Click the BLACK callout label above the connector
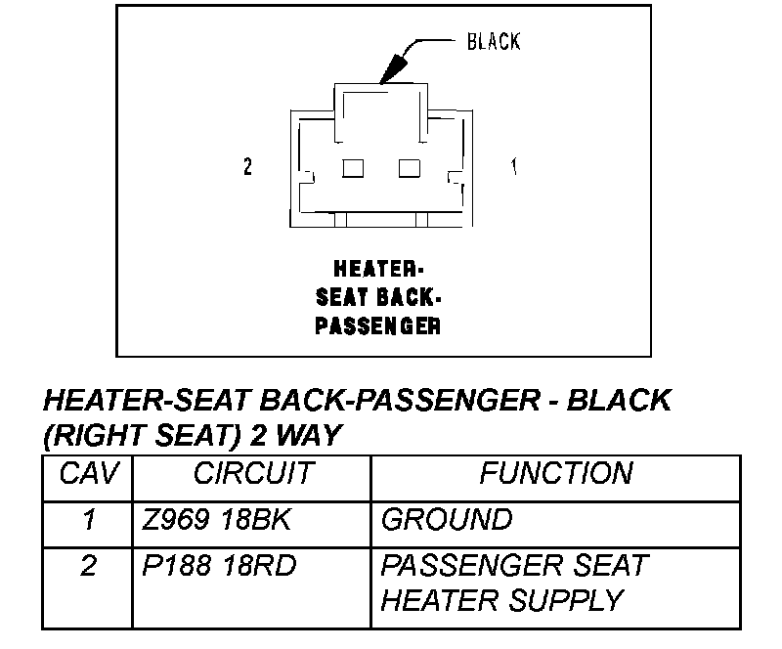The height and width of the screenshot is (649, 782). pos(494,41)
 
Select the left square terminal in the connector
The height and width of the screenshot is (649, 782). pos(352,168)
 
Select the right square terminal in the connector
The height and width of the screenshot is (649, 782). pos(410,168)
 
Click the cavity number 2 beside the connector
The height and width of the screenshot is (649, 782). pos(247,167)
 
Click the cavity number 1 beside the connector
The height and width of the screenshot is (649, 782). pos(514,167)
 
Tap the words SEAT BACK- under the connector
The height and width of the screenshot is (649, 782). pos(377,296)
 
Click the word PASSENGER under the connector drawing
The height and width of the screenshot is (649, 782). pos(377,325)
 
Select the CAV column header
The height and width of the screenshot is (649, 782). pos(89,474)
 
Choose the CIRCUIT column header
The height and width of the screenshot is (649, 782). pos(253,474)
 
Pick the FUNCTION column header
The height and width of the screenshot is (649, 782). pos(555,474)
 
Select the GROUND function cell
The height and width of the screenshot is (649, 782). pos(446,519)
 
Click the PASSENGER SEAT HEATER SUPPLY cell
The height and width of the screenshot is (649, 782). pos(513,583)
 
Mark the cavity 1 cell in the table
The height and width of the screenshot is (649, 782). pos(89,519)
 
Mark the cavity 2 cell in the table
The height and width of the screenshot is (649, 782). pos(89,566)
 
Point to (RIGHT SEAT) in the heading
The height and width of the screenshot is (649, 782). pos(136,433)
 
